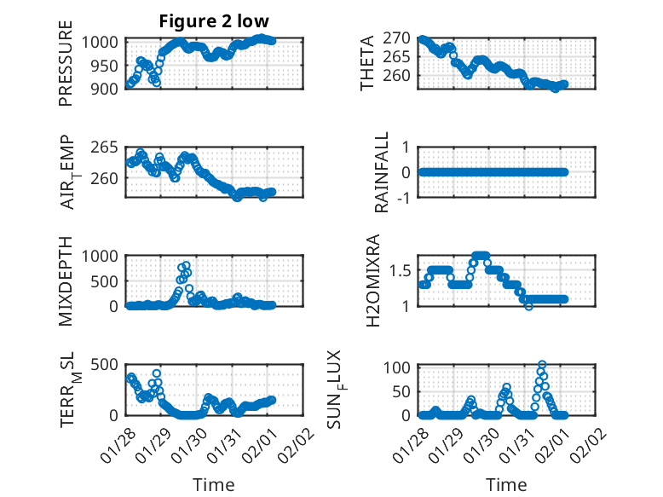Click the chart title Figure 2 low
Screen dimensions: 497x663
[213, 22]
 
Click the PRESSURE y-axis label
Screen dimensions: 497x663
[66, 70]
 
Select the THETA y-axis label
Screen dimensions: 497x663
[367, 63]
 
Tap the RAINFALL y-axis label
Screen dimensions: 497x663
[383, 172]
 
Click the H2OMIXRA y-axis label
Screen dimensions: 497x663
[372, 280]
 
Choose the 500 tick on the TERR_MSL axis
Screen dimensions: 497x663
[108, 365]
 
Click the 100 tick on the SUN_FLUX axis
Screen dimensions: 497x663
[401, 367]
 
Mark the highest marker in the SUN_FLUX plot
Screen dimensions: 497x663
[542, 365]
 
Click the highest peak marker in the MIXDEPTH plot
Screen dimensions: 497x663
[186, 265]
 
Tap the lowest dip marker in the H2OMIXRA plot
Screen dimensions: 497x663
[529, 306]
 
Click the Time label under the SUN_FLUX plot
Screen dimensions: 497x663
[505, 485]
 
